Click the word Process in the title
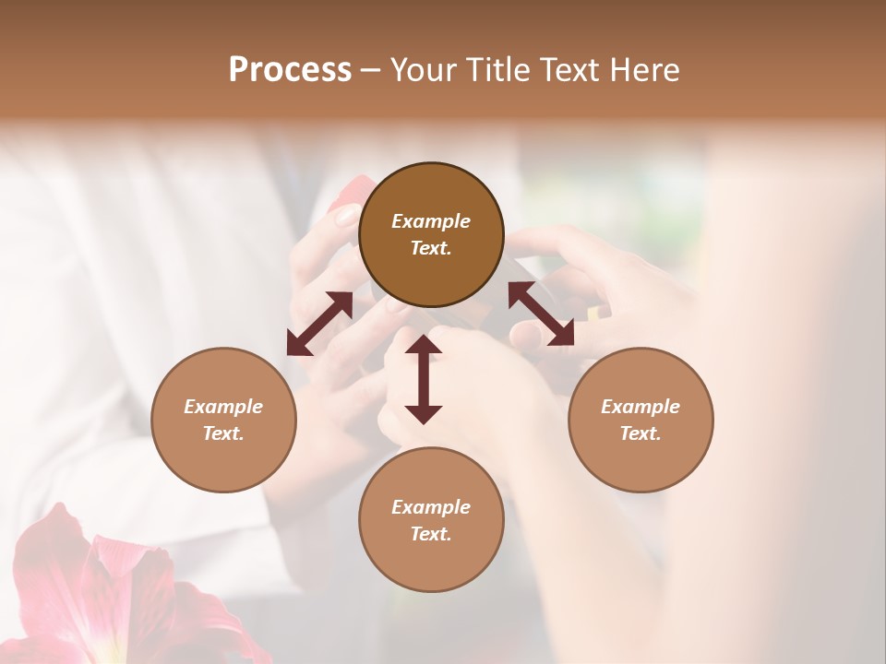click(x=290, y=69)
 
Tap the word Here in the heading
click(x=645, y=69)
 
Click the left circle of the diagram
click(x=223, y=420)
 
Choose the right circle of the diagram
click(x=641, y=420)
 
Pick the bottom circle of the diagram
click(x=431, y=519)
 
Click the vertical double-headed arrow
click(x=424, y=379)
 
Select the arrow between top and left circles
click(x=319, y=324)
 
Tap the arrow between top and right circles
click(x=541, y=314)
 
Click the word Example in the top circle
click(x=431, y=221)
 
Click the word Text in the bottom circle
click(x=431, y=534)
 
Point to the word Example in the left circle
click(x=223, y=407)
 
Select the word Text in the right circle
click(x=641, y=433)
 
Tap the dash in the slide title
click(x=371, y=70)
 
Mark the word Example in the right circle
click(x=641, y=407)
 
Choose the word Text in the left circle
click(x=223, y=433)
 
